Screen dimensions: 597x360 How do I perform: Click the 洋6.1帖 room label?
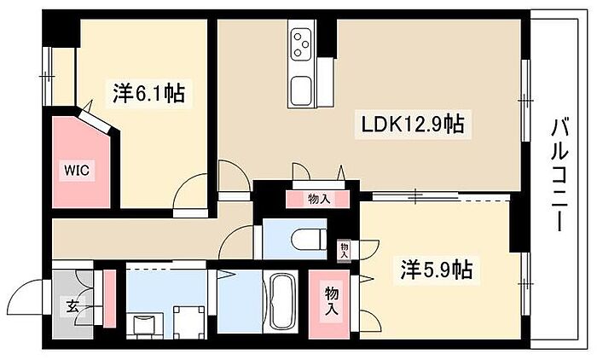pyautogui.click(x=148, y=93)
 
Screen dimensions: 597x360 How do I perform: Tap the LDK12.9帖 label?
pyautogui.click(x=412, y=124)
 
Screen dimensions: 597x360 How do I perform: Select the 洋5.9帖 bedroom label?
pyautogui.click(x=437, y=270)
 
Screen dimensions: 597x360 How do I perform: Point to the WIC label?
pyautogui.click(x=77, y=170)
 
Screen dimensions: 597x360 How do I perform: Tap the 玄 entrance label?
pyautogui.click(x=72, y=306)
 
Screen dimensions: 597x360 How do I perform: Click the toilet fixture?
pyautogui.click(x=309, y=239)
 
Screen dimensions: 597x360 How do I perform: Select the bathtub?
pyautogui.click(x=283, y=301)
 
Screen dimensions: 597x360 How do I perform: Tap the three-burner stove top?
pyautogui.click(x=301, y=44)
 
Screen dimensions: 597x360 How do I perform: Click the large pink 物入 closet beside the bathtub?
pyautogui.click(x=329, y=304)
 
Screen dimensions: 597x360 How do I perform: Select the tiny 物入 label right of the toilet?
pyautogui.click(x=345, y=250)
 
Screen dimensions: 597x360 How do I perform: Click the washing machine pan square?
pyautogui.click(x=189, y=321)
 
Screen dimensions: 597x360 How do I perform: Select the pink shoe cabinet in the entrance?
pyautogui.click(x=110, y=299)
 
